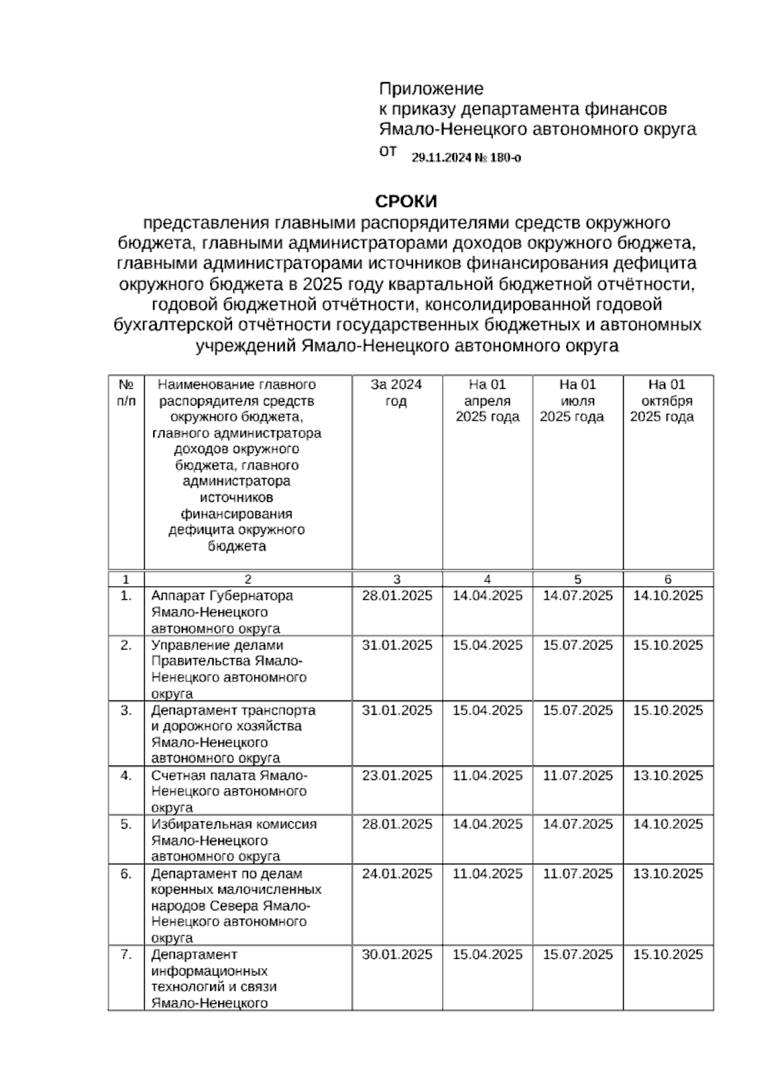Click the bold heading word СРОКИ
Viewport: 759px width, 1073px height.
coord(406,202)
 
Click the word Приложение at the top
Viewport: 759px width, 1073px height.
coord(431,89)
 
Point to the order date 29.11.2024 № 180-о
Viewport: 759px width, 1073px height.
coord(466,158)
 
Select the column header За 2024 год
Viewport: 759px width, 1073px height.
coord(397,393)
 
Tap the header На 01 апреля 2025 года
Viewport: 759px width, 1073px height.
coord(487,400)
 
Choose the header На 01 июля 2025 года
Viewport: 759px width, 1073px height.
coord(577,400)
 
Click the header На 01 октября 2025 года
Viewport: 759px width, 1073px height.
coord(668,400)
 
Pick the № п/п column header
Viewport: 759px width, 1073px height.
coord(126,393)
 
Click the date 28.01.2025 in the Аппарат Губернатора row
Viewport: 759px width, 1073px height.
coord(397,596)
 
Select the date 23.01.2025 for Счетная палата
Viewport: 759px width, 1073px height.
coord(397,776)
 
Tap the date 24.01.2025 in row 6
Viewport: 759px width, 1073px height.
coord(397,874)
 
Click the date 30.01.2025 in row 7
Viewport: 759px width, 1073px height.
coord(397,955)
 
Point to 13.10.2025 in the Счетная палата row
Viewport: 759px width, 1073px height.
coord(668,776)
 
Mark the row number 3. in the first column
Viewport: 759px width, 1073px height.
coord(126,710)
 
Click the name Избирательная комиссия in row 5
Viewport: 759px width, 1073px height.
coord(233,824)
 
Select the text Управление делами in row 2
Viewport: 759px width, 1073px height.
coord(217,645)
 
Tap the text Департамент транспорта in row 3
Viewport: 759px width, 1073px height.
coord(233,710)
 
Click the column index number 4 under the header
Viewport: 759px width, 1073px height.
coord(487,579)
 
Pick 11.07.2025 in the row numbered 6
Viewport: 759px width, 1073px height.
coord(577,874)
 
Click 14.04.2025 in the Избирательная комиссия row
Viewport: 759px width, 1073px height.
coord(487,824)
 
